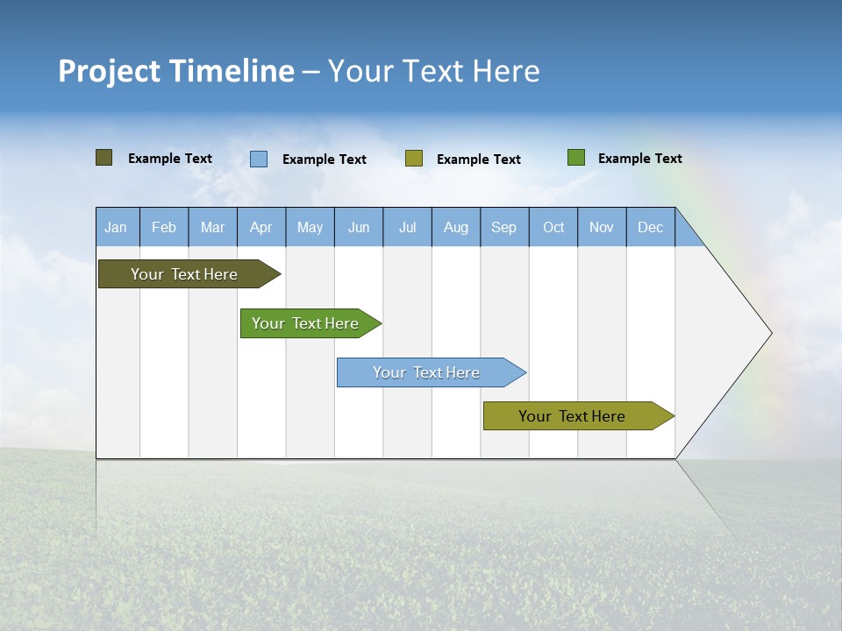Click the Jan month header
point(117,228)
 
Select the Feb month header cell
point(164,228)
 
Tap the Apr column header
point(261,228)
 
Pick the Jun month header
point(359,228)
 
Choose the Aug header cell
point(456,228)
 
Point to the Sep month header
point(504,228)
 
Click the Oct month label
point(553,228)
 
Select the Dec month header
point(651,228)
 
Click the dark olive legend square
point(103,158)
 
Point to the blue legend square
point(259,159)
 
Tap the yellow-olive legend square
point(414,159)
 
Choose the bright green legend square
point(575,158)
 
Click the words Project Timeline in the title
point(175,71)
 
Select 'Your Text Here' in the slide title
point(434,71)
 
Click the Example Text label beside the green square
point(639,159)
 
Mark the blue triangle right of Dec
point(687,234)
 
